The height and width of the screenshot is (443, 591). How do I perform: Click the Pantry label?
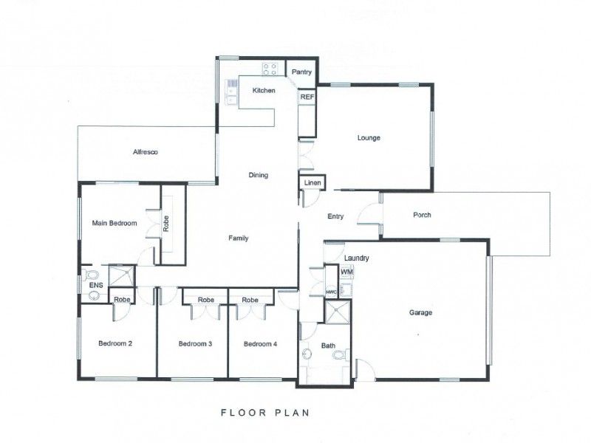pos(301,72)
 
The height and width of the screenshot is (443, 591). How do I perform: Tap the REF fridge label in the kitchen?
pos(307,97)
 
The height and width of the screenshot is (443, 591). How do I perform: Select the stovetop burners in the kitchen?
pos(270,69)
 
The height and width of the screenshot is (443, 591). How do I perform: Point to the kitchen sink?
pos(231,92)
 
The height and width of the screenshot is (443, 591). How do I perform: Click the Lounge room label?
pos(369,138)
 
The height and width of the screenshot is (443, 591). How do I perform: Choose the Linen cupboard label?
pos(312,182)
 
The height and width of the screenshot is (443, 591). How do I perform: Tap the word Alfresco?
pos(145,152)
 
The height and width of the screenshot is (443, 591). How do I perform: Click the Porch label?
pos(422,215)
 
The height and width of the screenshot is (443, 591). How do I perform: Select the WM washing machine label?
pos(346,271)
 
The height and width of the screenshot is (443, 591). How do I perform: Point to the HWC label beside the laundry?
pos(331,292)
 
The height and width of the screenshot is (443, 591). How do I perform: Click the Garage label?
pos(420,312)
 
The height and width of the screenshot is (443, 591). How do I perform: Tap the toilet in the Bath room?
pos(342,354)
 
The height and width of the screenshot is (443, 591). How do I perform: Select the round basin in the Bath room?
pos(307,354)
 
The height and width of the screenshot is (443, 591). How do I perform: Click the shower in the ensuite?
pos(121,276)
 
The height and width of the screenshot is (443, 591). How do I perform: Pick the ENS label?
pos(96,285)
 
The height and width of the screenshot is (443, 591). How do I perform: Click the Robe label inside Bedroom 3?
pos(206,300)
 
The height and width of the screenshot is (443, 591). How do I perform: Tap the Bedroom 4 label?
pos(261,344)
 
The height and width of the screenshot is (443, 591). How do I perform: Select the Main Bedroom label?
pos(115,223)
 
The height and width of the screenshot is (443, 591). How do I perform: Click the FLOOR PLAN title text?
pos(265,413)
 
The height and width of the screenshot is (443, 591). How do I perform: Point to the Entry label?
pos(335,216)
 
